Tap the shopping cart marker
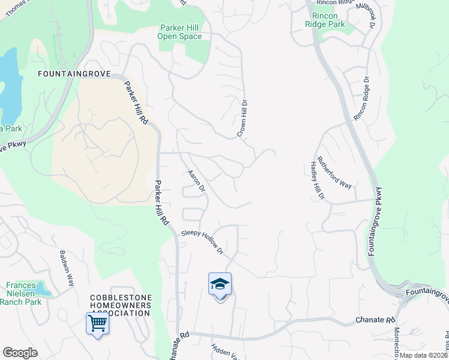pyautogui.click(x=97, y=324)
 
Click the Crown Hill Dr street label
pyautogui.click(x=243, y=118)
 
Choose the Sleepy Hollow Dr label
pyautogui.click(x=203, y=241)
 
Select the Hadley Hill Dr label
pyautogui.click(x=317, y=179)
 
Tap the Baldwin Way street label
pyautogui.click(x=66, y=268)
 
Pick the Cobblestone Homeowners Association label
pyautogui.click(x=121, y=305)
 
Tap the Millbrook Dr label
pyautogui.click(x=366, y=16)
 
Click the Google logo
pyautogui.click(x=20, y=353)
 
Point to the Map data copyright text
pyautogui.click(x=423, y=355)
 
